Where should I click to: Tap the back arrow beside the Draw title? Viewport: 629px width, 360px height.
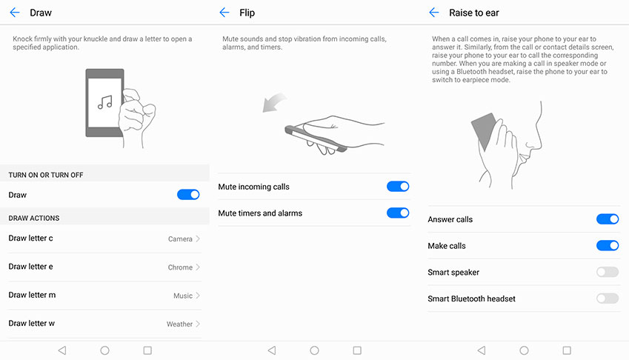point(14,13)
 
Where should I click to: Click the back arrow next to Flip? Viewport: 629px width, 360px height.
point(224,13)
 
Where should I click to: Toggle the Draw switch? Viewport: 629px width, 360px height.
point(188,195)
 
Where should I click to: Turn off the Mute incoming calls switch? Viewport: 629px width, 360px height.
point(398,187)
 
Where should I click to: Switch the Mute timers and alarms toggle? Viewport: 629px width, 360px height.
point(398,213)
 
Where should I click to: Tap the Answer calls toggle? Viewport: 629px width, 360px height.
point(608,219)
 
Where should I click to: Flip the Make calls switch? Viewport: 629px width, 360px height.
point(608,245)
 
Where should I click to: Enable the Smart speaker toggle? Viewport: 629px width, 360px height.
point(608,272)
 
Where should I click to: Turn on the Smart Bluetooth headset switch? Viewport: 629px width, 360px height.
point(608,299)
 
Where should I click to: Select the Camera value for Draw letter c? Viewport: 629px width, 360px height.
point(180,239)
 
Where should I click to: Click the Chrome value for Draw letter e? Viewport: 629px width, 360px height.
point(180,267)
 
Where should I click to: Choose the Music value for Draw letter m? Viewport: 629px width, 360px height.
point(183,296)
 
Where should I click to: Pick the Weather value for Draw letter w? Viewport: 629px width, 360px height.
point(179,324)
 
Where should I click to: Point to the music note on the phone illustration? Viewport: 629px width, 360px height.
point(105,102)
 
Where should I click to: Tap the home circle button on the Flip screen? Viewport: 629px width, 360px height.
point(314,350)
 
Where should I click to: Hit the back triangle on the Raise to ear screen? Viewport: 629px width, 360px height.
point(482,350)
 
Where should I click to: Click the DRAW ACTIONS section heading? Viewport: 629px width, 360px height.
point(34,218)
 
